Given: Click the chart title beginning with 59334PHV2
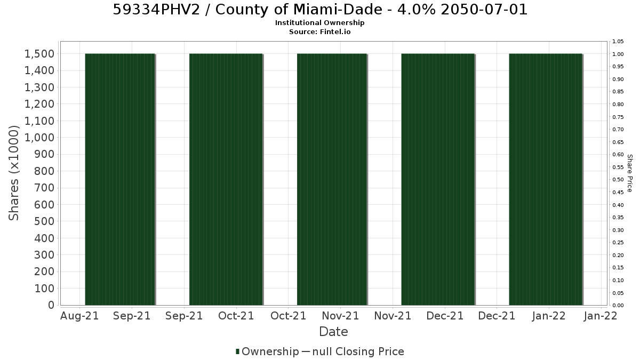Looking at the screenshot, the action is point(320,10).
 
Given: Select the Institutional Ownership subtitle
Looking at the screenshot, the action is point(319,23).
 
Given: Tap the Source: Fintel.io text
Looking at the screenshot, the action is point(319,31).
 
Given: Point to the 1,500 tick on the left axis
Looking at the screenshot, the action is point(39,54).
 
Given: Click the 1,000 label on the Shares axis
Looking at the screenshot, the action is point(39,138).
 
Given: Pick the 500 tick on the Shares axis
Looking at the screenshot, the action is point(44,221).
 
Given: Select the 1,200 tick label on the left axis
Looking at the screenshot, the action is point(39,104).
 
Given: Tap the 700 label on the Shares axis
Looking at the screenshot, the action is point(44,188).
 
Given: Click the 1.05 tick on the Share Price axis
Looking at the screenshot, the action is point(618,42).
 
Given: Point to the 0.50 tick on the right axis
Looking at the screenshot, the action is point(618,180).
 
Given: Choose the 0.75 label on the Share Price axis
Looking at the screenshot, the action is point(618,117).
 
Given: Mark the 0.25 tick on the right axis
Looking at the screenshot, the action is point(618,243).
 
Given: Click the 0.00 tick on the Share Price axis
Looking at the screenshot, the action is point(618,306).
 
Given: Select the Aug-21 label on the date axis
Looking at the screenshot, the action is point(79,316).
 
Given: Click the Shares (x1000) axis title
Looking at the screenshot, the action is point(13,173).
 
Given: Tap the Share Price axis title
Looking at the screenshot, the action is point(630,173).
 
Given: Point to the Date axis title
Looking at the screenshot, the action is point(333,332).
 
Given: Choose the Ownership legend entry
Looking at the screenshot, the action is point(267,351).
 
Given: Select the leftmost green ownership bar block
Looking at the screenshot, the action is point(120,179).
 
